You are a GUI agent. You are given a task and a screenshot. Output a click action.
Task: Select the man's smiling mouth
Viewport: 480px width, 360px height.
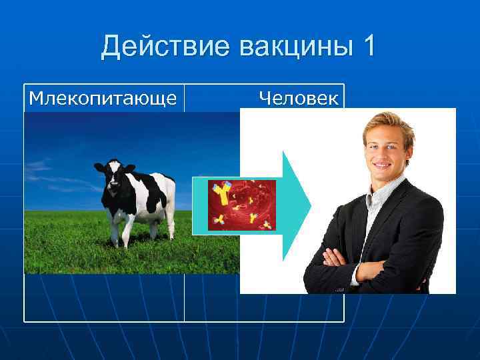(x=383, y=165)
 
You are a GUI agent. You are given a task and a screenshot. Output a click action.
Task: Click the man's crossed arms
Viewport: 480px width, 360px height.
(x=373, y=263)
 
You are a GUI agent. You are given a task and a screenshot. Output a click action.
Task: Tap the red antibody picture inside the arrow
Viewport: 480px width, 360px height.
(x=241, y=205)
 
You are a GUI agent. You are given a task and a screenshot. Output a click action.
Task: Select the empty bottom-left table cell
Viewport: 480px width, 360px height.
(x=104, y=297)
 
